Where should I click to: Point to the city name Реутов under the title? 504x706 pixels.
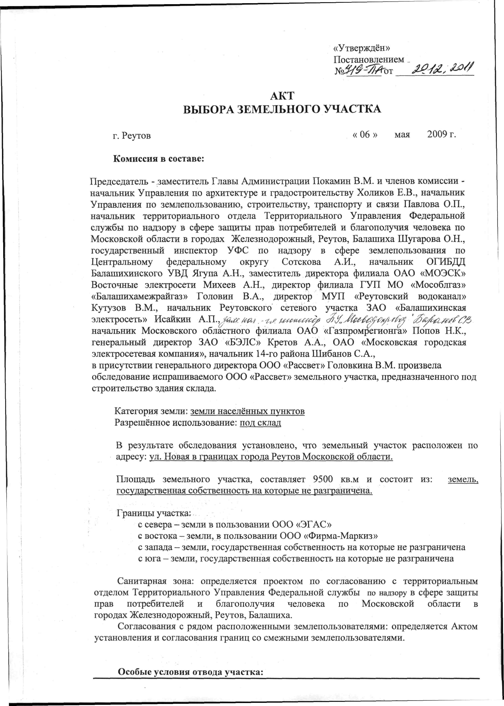pos(136,136)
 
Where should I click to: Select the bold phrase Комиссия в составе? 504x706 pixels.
pos(159,159)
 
